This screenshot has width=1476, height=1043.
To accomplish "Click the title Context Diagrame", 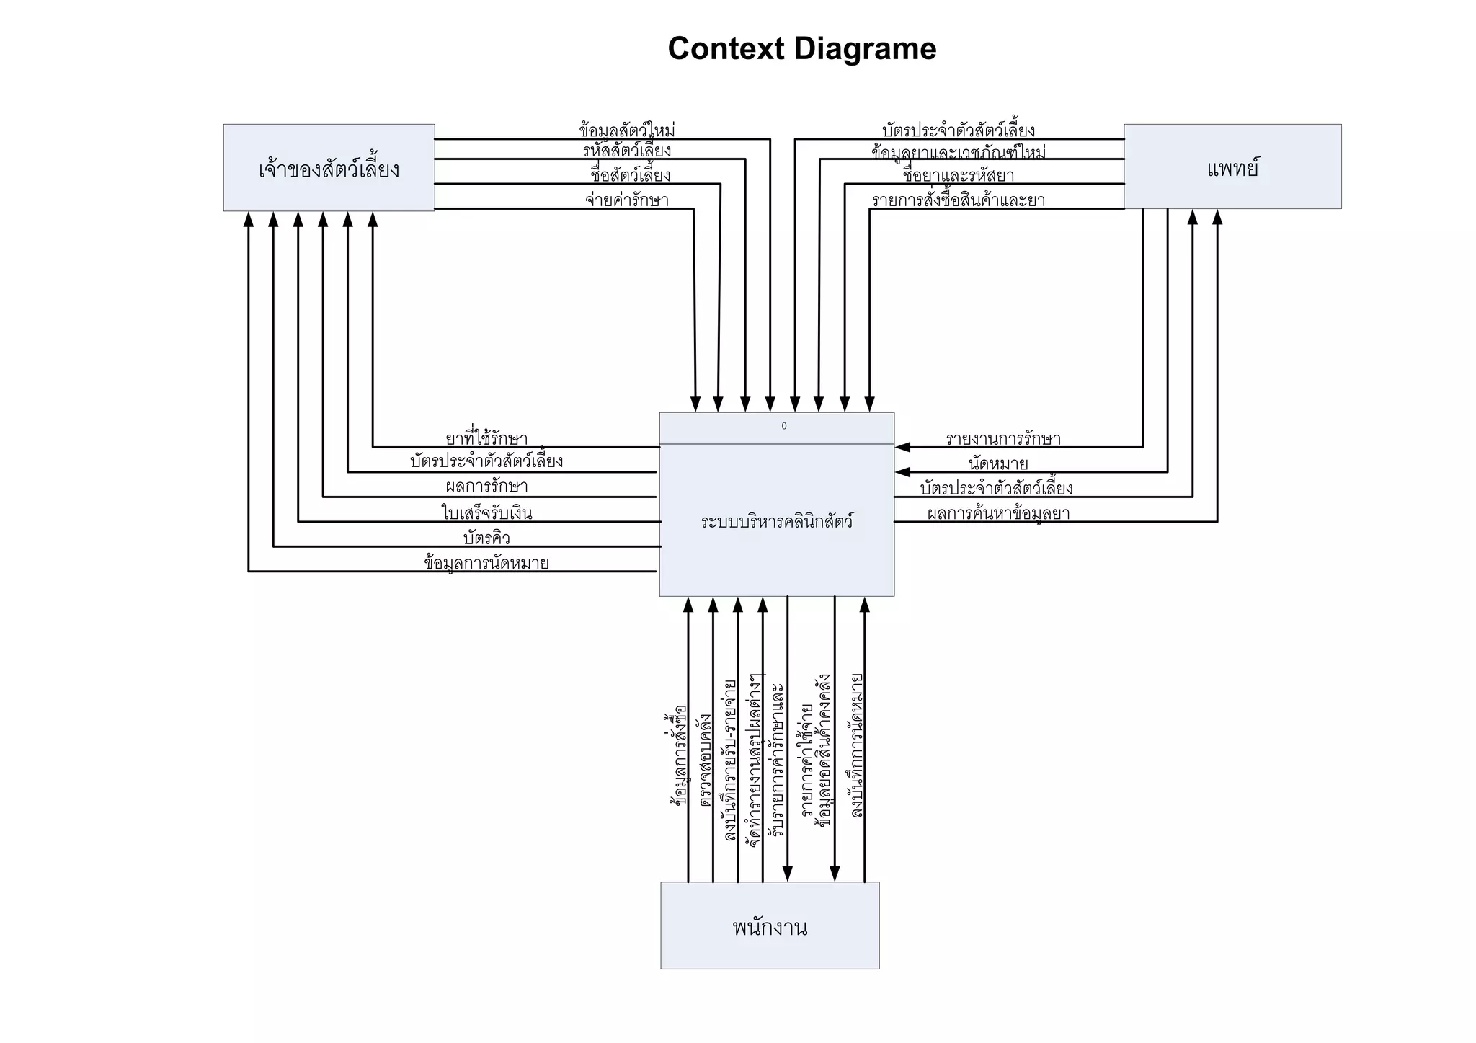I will coord(801,49).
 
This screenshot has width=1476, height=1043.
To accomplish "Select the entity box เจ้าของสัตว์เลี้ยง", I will coord(329,168).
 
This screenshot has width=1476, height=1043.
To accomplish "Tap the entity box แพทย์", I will coord(1232,167).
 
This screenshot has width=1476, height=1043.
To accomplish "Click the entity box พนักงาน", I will coord(770,926).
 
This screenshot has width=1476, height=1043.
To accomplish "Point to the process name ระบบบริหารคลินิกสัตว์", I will coord(777,521).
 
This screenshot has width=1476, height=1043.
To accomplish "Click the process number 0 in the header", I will coord(784,426).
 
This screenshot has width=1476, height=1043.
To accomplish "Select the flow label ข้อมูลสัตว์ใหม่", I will coord(627,130).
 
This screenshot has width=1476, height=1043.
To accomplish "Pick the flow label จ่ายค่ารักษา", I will coord(627,200).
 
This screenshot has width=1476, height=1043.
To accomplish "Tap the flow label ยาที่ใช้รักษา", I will coord(486,438).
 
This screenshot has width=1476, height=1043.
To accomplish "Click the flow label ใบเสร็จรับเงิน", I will coord(486,512).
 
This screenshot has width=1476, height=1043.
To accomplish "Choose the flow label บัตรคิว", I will coord(486,538).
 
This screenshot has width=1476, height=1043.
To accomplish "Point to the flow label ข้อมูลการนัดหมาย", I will coord(486,562).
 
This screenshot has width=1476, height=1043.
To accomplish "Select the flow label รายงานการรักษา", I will coord(1002,438).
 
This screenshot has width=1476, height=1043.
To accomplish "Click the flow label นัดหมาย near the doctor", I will coord(998,463).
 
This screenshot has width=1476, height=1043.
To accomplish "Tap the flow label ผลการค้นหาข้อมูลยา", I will coord(998,513).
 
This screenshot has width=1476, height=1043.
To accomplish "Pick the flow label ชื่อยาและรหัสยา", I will coord(959,175).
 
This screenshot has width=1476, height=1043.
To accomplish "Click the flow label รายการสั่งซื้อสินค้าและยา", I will coord(959,200).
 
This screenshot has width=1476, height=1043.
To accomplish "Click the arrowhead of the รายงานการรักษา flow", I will coord(902,447).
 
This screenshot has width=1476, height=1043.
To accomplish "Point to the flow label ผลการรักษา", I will coord(486,486).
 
